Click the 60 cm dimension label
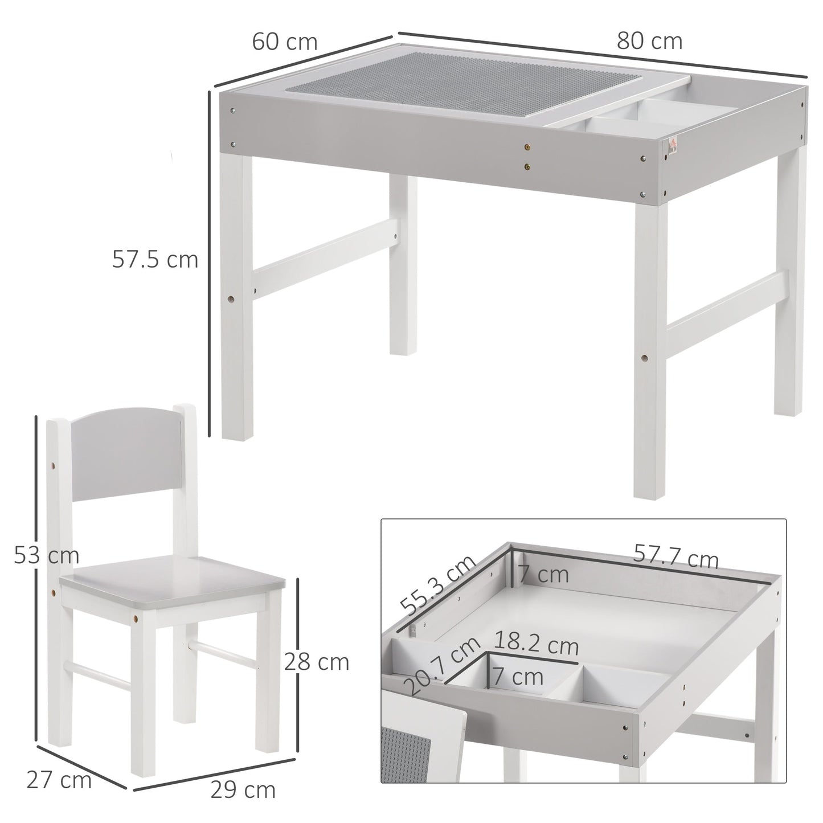[284, 42]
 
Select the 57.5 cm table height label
[155, 259]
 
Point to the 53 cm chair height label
[46, 555]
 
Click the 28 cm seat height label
[317, 662]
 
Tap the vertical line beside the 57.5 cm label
[209, 262]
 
